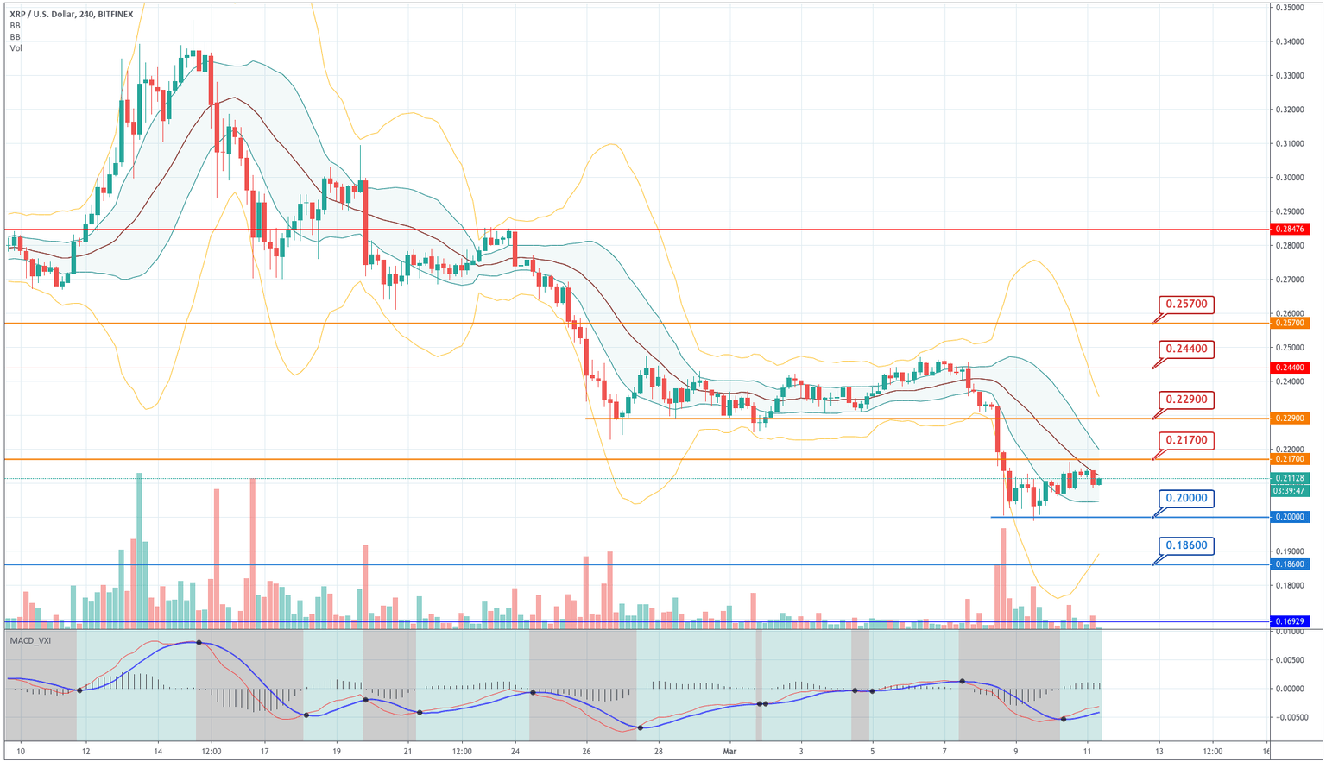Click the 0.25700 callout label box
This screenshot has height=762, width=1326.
point(1187,304)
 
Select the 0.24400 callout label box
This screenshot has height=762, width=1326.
point(1187,350)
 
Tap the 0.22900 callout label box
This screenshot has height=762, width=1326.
point(1187,400)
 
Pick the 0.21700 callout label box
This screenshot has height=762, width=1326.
point(1187,441)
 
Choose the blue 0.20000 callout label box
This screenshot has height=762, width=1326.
point(1187,499)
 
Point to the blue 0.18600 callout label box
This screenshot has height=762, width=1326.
point(1187,545)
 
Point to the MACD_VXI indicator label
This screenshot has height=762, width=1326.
point(28,640)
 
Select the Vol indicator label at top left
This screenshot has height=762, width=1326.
point(16,48)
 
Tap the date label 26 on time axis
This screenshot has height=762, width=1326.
point(586,751)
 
